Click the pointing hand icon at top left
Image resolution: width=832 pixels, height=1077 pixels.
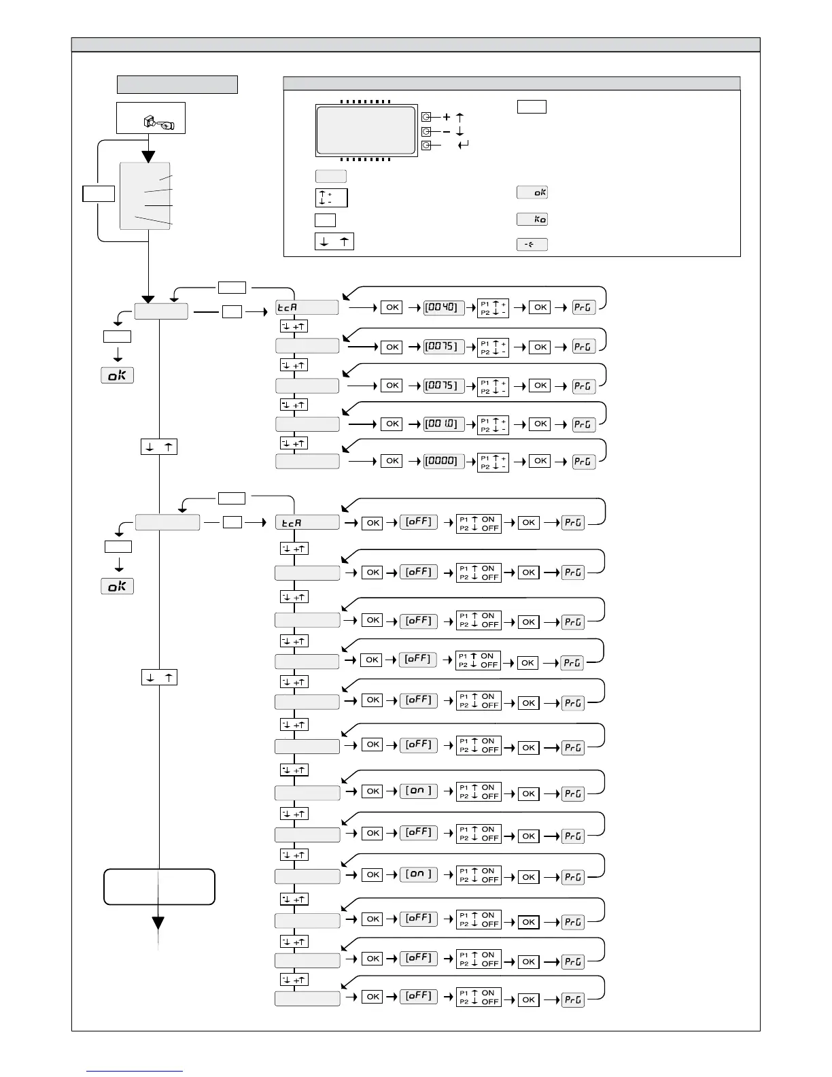coord(158,122)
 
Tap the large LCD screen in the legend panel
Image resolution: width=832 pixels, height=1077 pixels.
coord(366,131)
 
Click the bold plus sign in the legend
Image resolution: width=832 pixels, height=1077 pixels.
coord(447,118)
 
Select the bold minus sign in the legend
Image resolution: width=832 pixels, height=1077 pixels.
coord(447,131)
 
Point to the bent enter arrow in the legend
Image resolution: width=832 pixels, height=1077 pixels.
coord(464,145)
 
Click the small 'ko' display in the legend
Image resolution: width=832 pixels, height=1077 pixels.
coord(532,219)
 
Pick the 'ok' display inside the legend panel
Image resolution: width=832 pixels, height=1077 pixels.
coord(532,192)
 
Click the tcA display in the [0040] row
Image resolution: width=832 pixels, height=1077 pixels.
coord(307,307)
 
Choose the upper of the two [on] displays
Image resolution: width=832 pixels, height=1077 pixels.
coord(419,791)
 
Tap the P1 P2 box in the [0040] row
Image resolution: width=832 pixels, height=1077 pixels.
coord(493,308)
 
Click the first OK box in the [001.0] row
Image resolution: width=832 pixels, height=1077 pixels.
coord(392,424)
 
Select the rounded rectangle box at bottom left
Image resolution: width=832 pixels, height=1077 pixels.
coord(159,887)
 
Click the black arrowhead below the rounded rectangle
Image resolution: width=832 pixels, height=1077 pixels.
coord(158,923)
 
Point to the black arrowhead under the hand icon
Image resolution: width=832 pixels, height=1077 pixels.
coord(149,156)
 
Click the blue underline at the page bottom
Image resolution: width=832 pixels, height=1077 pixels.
coord(135,1071)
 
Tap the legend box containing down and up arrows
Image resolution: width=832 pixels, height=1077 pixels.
coord(334,241)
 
